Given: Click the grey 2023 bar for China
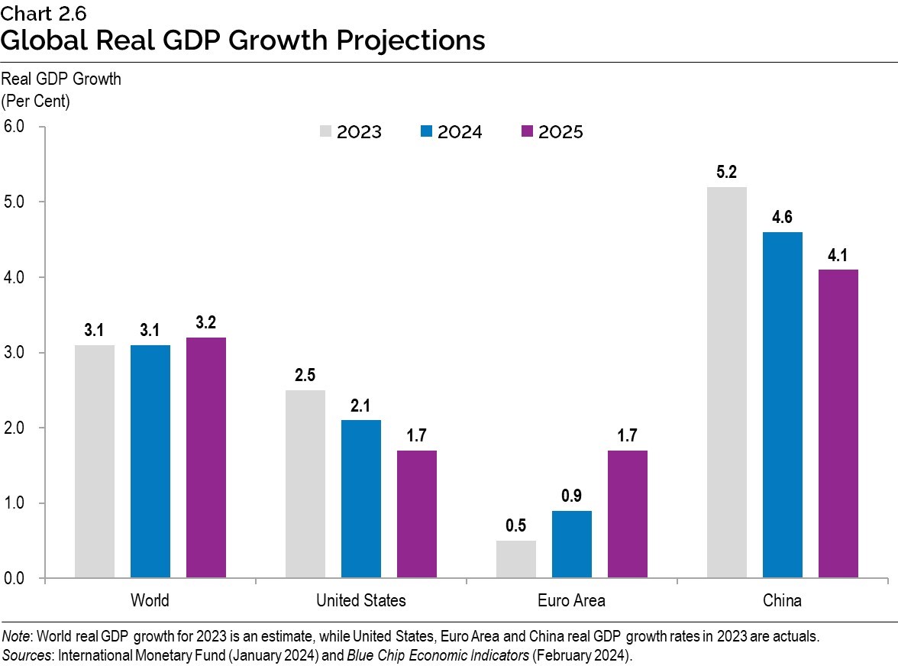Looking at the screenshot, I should [x=726, y=382].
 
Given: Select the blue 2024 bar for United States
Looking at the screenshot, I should [x=360, y=499].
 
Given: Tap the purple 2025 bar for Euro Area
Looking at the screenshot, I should [x=628, y=514].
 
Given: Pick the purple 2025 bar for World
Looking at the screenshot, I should [x=206, y=457].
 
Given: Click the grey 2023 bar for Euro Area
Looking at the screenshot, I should [x=516, y=559].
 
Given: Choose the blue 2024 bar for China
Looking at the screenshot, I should [x=783, y=405].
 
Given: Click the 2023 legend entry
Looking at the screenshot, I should [x=350, y=132].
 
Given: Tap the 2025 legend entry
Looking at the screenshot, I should [x=551, y=132].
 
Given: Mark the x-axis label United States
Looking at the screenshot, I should [x=361, y=600].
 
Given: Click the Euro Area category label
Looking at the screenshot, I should [x=571, y=600].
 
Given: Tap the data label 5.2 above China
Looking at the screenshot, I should [x=726, y=173].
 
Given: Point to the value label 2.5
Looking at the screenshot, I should [x=305, y=376].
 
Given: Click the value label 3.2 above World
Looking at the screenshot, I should [x=206, y=323].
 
